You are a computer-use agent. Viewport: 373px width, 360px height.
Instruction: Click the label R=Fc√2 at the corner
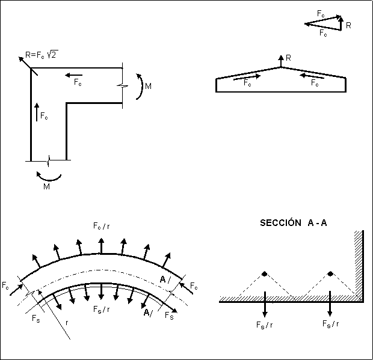[x=41, y=55]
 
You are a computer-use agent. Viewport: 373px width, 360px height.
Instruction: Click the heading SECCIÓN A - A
[x=294, y=222]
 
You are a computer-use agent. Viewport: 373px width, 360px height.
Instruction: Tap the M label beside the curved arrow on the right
[x=148, y=87]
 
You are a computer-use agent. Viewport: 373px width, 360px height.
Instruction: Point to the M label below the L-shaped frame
[x=46, y=186]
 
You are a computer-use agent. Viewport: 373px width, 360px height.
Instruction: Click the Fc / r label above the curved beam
[x=101, y=227]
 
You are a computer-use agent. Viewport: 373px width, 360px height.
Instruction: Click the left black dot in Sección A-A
[x=264, y=275]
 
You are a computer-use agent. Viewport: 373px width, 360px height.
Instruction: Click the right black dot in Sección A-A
[x=330, y=275]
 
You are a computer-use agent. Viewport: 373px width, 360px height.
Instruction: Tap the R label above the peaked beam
[x=288, y=58]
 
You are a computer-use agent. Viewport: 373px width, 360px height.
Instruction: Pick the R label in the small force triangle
[x=348, y=26]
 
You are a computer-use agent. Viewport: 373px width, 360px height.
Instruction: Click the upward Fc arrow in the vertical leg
[x=37, y=112]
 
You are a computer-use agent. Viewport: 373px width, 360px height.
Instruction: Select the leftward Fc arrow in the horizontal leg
[x=74, y=76]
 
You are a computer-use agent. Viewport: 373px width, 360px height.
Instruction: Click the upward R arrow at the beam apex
[x=281, y=61]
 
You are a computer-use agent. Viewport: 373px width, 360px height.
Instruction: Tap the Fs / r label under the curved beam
[x=101, y=310]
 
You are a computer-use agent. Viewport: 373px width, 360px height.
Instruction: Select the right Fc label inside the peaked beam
[x=314, y=84]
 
